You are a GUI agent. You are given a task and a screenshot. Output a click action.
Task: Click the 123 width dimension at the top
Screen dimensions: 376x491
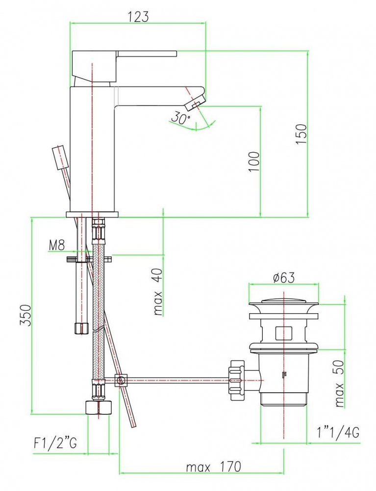[x=138, y=16]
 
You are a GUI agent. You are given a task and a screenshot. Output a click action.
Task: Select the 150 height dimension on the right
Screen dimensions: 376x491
[x=301, y=134]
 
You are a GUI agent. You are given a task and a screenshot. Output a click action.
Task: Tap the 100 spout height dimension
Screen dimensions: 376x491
[x=254, y=162]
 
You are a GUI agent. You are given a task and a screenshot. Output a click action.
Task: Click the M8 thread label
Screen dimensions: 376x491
[x=56, y=245]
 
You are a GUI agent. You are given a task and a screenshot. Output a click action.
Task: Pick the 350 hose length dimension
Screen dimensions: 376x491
[x=25, y=315]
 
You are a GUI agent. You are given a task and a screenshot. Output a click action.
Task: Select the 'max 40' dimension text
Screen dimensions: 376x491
[x=158, y=292]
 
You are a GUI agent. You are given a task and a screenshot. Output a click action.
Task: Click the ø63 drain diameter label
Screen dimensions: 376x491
[x=283, y=277]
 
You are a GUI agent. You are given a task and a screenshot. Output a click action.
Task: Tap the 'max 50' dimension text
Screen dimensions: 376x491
[x=339, y=383]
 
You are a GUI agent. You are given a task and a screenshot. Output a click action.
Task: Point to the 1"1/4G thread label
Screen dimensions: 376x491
[x=338, y=433]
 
